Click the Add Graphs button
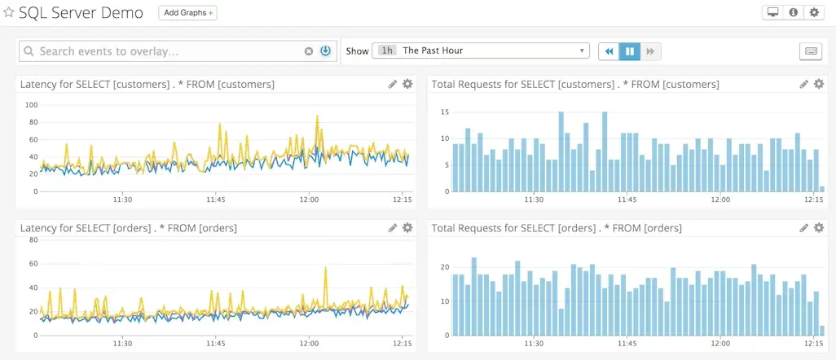click(x=187, y=13)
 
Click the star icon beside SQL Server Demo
click(x=9, y=13)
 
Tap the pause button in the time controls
click(x=629, y=51)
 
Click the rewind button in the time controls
click(x=609, y=51)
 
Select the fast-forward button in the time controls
click(x=650, y=51)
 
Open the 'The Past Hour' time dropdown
click(x=481, y=50)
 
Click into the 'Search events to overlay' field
click(x=163, y=51)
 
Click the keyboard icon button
click(x=811, y=51)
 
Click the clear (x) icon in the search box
click(x=309, y=51)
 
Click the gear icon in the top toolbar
click(x=813, y=13)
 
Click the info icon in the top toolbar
click(x=793, y=13)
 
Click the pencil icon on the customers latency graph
click(x=393, y=84)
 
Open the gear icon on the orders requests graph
click(x=818, y=228)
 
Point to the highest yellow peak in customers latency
click(x=317, y=116)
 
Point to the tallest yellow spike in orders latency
click(x=326, y=268)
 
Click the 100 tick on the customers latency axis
click(x=32, y=105)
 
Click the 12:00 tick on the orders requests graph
click(x=720, y=343)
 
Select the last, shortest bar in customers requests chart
click(x=821, y=189)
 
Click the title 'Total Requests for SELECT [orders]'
click(x=557, y=228)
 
